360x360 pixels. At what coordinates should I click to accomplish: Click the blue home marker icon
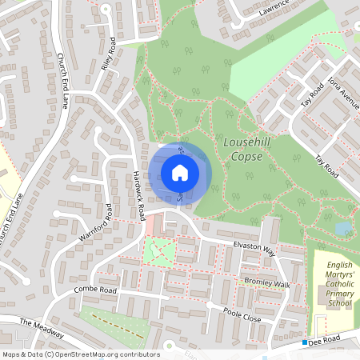[x=180, y=172]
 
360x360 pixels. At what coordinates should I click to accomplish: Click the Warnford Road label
[x=95, y=224]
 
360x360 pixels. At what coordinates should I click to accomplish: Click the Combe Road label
[x=95, y=289]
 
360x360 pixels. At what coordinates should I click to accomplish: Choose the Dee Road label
[x=326, y=341]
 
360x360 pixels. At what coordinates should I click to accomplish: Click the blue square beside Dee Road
[x=305, y=342]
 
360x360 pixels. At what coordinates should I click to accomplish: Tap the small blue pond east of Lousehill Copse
[x=343, y=229]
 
